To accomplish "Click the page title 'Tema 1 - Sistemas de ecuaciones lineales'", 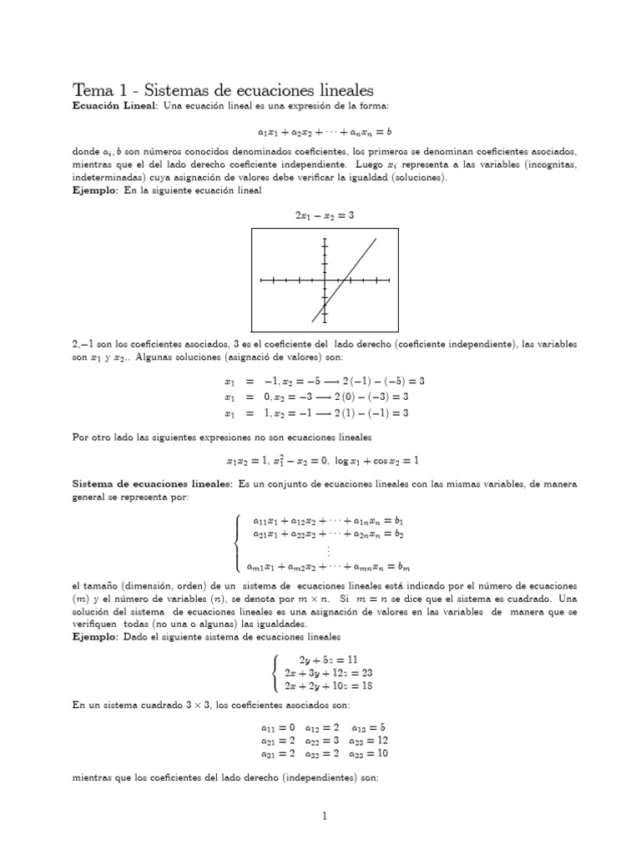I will (x=224, y=89).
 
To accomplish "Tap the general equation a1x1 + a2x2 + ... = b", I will (x=325, y=131).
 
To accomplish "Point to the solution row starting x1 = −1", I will (x=325, y=381).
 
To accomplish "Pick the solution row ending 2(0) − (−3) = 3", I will (x=325, y=397).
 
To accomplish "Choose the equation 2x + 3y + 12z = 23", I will (x=327, y=672).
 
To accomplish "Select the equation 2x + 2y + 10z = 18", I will (x=327, y=686).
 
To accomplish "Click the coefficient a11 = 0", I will (x=277, y=726).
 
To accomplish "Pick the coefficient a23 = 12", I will (x=370, y=740).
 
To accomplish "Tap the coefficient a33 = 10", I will (x=370, y=753).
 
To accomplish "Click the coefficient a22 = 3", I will (x=323, y=740).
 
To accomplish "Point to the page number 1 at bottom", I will (x=325, y=817).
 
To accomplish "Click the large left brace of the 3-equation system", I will (x=275, y=672).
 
